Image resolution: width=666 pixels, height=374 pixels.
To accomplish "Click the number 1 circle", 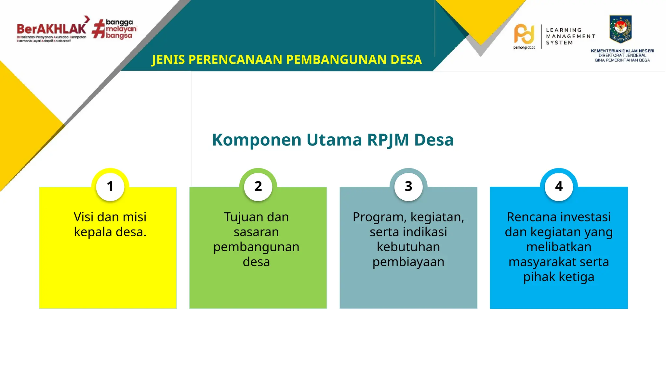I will (x=110, y=186).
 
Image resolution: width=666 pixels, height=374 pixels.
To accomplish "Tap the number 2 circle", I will (x=258, y=186).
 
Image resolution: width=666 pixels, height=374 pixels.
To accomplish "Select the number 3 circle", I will (x=408, y=186).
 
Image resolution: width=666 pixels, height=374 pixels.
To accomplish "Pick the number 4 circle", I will (x=559, y=186).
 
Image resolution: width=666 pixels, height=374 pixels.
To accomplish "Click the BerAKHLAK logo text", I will (x=51, y=29).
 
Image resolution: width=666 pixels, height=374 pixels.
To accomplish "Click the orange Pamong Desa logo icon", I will (x=524, y=34).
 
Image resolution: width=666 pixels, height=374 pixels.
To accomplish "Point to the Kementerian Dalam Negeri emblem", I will (x=620, y=29).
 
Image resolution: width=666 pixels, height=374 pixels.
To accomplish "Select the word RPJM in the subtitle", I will (x=388, y=140).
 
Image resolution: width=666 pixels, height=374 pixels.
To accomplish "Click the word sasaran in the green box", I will (x=256, y=232).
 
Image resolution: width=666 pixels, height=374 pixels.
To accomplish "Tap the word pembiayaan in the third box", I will (x=408, y=262).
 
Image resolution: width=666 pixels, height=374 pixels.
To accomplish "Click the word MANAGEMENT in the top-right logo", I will (x=570, y=36).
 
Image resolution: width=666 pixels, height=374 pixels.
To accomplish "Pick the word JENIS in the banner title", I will (x=168, y=60).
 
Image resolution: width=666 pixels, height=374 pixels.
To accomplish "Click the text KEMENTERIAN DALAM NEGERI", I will (x=622, y=51).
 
